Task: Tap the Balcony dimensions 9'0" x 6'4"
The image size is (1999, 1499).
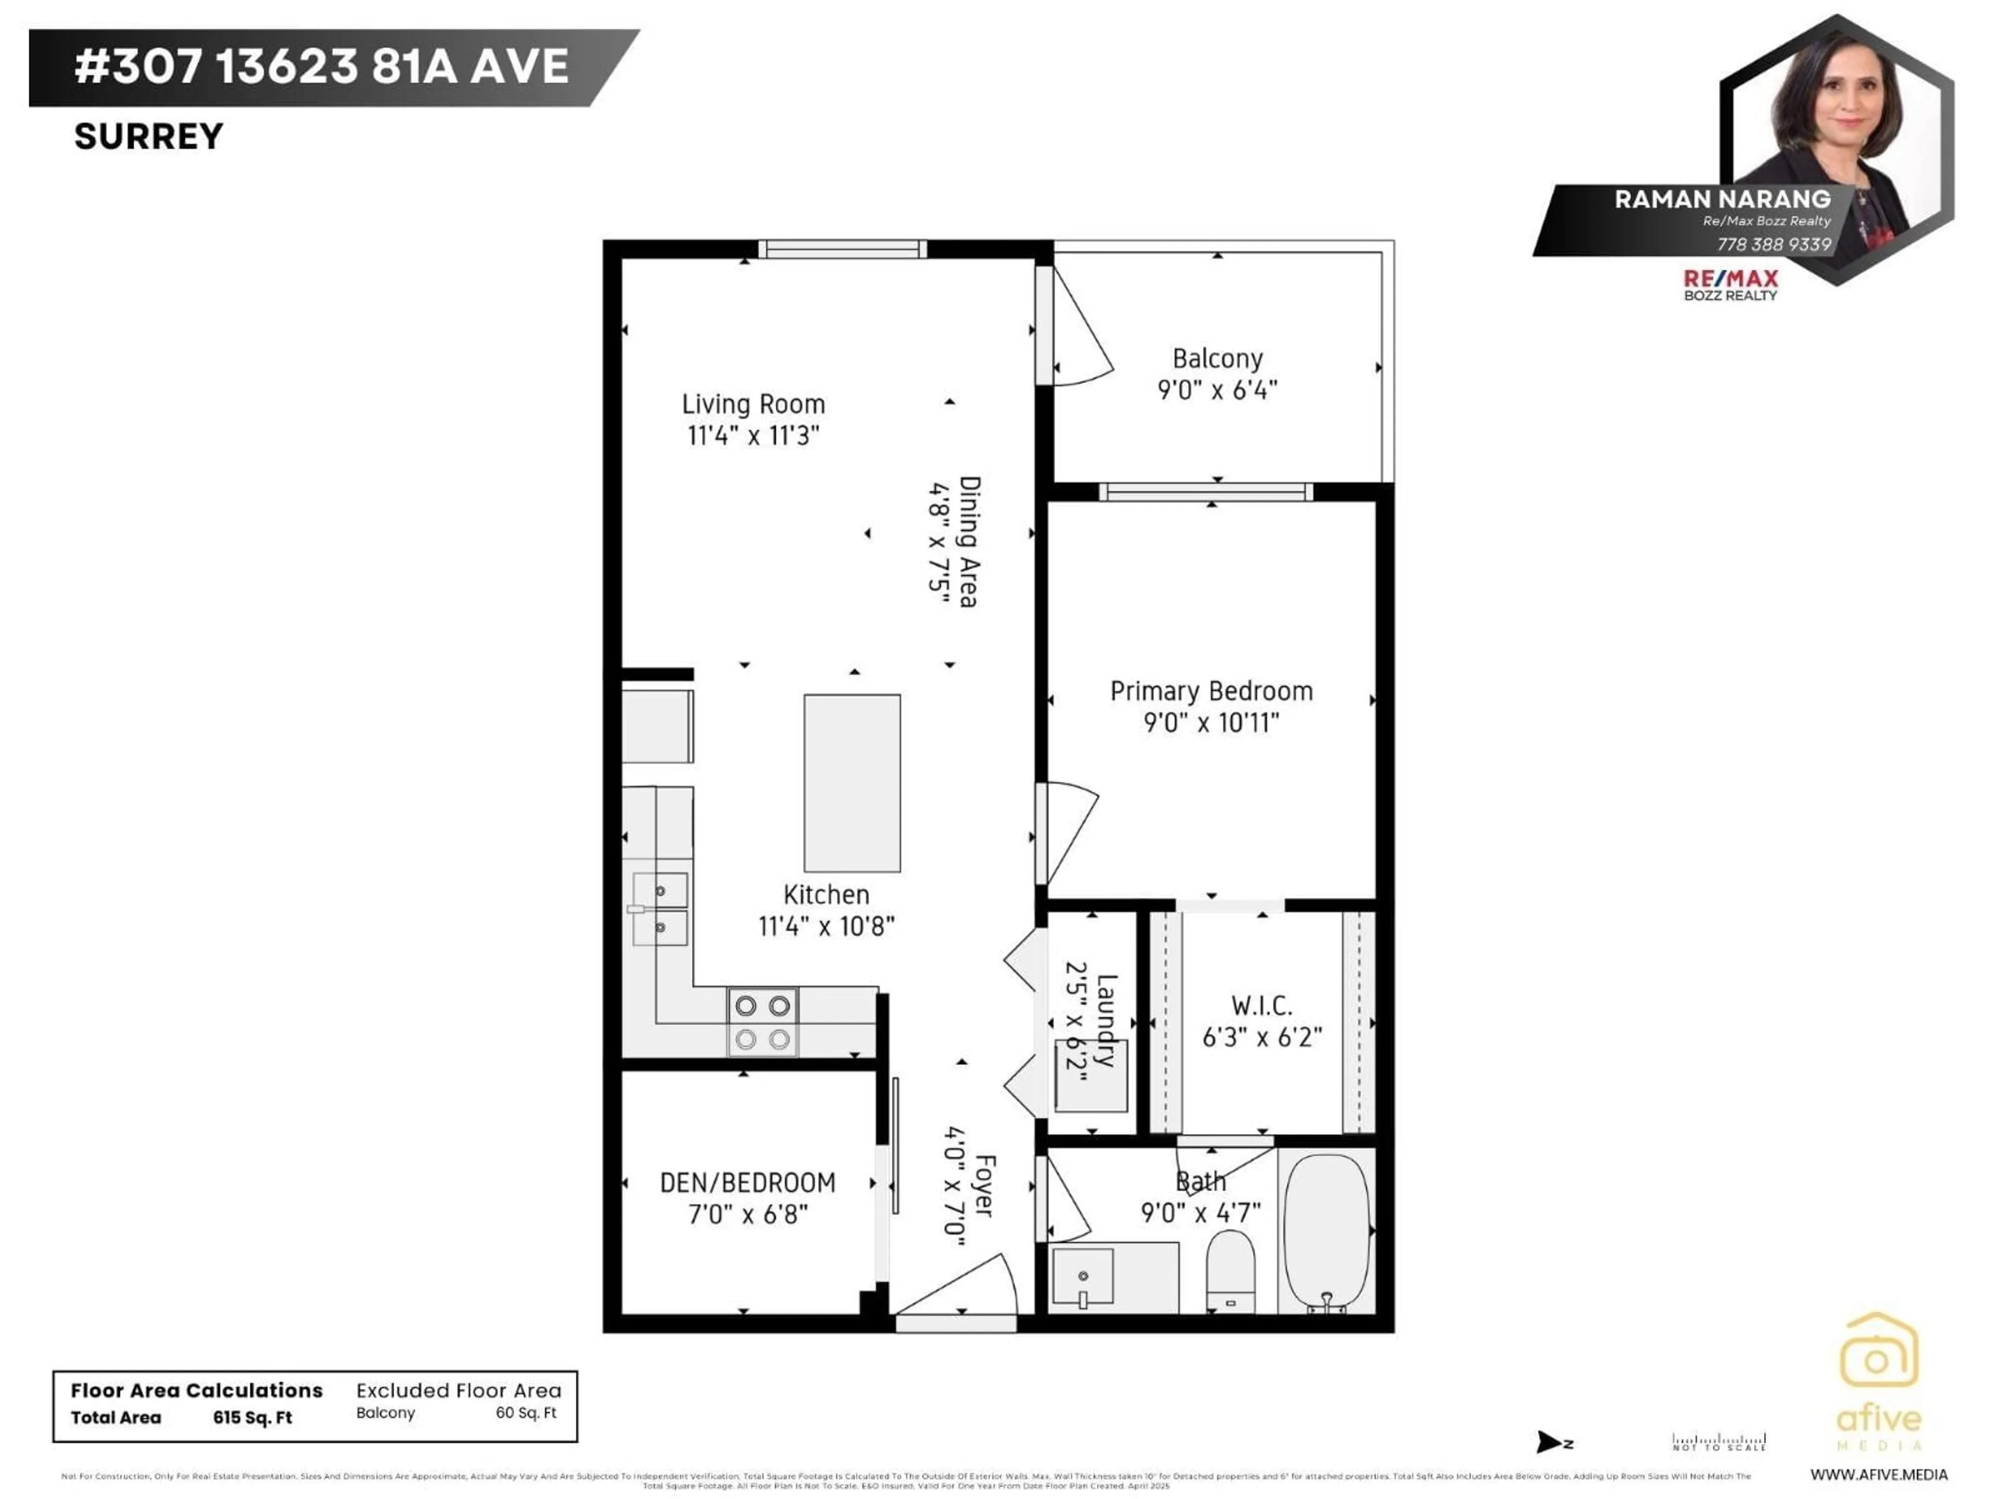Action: coord(1217,390)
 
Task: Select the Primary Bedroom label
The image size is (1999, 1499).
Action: coord(1211,691)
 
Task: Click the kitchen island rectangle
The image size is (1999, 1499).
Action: coord(851,782)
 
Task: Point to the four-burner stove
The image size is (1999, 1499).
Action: coord(762,1022)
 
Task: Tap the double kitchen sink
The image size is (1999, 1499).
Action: coord(659,909)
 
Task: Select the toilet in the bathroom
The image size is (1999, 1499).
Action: coord(1230,1274)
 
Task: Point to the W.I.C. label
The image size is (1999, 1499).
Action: coord(1261,1006)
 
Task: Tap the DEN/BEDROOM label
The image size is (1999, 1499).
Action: coord(748,1183)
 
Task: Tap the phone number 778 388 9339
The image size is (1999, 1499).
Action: coord(1773,245)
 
